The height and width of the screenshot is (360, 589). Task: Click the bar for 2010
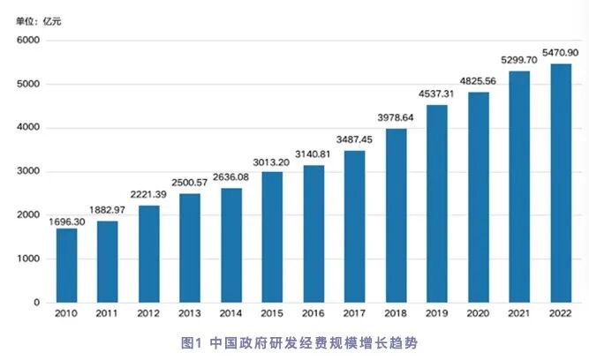[x=67, y=266]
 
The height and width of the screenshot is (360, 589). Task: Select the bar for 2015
[x=272, y=237]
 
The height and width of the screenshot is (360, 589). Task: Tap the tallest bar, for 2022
[x=561, y=184]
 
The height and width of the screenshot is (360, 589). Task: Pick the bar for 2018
[x=396, y=215]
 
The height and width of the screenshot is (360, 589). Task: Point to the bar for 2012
[x=149, y=254]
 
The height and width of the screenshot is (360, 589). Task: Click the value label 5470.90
[x=560, y=53]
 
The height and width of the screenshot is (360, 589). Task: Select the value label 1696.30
[x=67, y=221]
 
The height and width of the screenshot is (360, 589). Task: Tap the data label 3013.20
[x=271, y=162]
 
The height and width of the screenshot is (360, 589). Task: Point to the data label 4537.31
[x=436, y=94]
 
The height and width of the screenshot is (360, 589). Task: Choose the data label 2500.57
[x=190, y=183]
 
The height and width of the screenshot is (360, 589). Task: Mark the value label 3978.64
[x=396, y=118]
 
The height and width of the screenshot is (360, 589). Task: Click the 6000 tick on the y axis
[x=28, y=41]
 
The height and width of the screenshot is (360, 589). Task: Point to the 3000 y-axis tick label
[x=28, y=171]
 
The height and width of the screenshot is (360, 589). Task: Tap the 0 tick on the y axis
[x=36, y=302]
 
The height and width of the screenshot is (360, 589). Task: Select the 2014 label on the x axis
[x=230, y=313]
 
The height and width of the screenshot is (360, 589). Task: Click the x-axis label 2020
[x=478, y=313]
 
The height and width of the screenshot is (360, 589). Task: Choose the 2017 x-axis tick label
[x=354, y=313]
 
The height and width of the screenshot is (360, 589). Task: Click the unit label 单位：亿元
[x=38, y=21]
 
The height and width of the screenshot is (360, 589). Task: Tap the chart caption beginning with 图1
[x=299, y=343]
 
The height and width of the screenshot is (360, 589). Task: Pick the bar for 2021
[x=519, y=187]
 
